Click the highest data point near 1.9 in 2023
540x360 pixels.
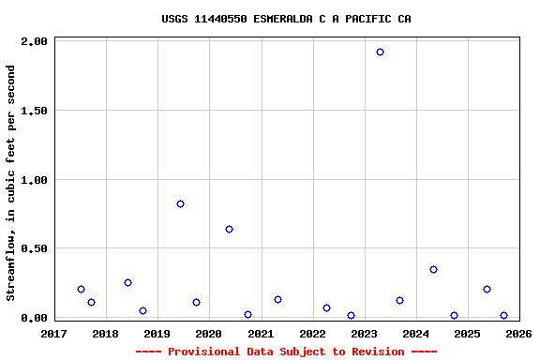[x=380, y=52]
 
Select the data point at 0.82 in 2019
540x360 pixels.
[x=180, y=204]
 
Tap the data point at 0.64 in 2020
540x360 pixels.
[x=229, y=229]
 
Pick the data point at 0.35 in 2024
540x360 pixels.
[x=433, y=269]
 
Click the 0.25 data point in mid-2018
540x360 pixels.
[x=127, y=282]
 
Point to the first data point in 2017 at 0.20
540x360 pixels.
[x=81, y=289]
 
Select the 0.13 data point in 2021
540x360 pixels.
[x=277, y=299]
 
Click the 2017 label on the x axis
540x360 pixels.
[x=54, y=334]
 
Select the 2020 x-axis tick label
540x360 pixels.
[x=209, y=334]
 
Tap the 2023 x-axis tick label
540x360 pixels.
[x=364, y=334]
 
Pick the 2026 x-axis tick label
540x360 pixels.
[x=518, y=334]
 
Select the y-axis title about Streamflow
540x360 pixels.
[x=11, y=183]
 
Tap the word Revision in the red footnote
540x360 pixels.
[x=376, y=352]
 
